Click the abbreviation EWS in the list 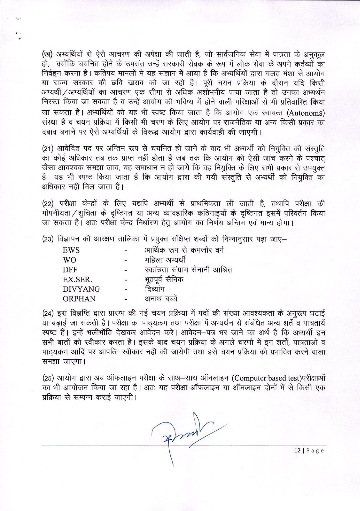click(71, 250)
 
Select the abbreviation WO click(69, 260)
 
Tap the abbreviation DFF click(70, 270)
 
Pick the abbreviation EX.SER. click(77, 279)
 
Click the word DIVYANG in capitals click(81, 289)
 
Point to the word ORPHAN click(79, 299)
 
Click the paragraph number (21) click(48, 149)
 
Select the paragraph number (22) click(48, 204)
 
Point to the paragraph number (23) click(48, 239)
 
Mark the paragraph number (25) click(48, 378)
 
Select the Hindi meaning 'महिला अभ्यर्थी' click(165, 260)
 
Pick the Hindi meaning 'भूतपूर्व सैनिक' click(164, 279)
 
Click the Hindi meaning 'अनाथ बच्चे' click(161, 299)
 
